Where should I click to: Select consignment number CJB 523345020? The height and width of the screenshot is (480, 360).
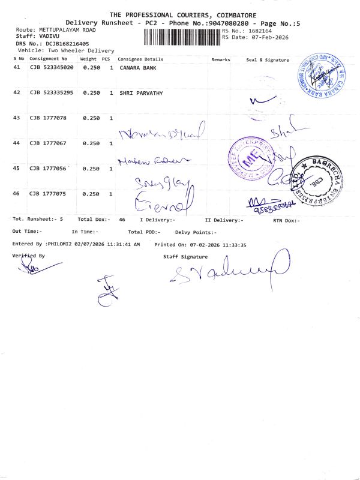52,68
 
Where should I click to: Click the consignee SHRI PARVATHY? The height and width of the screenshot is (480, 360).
142,93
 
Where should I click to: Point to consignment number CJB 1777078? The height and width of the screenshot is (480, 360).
48,118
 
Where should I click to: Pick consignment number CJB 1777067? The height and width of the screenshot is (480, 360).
48,143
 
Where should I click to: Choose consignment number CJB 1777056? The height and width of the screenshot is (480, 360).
48,169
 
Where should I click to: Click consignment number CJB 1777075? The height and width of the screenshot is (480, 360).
48,194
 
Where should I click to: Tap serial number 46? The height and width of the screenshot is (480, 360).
16,194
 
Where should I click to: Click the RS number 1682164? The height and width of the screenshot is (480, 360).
259,30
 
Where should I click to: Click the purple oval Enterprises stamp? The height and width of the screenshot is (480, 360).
248,158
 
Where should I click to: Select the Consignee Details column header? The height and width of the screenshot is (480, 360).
140,59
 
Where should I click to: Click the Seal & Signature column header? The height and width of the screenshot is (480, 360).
268,60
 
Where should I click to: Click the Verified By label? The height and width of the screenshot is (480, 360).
28,256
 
